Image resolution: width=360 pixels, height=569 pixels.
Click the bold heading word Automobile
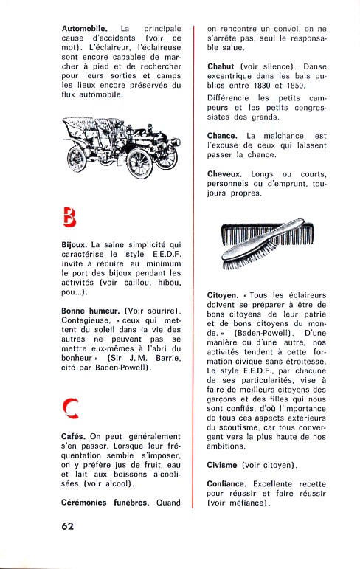pyautogui.click(x=84, y=28)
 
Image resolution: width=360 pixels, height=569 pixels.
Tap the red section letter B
pyautogui.click(x=69, y=217)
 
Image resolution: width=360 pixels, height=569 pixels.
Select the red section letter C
pyautogui.click(x=70, y=409)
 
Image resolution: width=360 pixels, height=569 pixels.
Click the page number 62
pyautogui.click(x=68, y=526)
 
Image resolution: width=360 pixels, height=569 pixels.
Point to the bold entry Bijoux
pyautogui.click(x=74, y=245)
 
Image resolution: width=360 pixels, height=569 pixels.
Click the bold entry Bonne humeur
pyautogui.click(x=90, y=311)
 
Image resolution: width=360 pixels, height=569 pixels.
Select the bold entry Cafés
pyautogui.click(x=73, y=437)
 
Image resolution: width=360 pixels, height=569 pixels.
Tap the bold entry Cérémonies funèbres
pyautogui.click(x=105, y=503)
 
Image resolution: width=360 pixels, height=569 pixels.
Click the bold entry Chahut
pyautogui.click(x=221, y=66)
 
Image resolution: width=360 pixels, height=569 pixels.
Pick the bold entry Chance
pyautogui.click(x=222, y=136)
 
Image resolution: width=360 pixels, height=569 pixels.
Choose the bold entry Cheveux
pyautogui.click(x=224, y=174)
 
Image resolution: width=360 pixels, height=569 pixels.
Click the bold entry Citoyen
pyautogui.click(x=223, y=295)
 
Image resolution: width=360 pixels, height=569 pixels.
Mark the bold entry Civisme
pyautogui.click(x=222, y=465)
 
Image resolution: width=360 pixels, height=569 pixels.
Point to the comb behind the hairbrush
pyautogui.click(x=268, y=234)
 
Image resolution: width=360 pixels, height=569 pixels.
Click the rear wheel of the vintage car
pyautogui.click(x=77, y=159)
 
